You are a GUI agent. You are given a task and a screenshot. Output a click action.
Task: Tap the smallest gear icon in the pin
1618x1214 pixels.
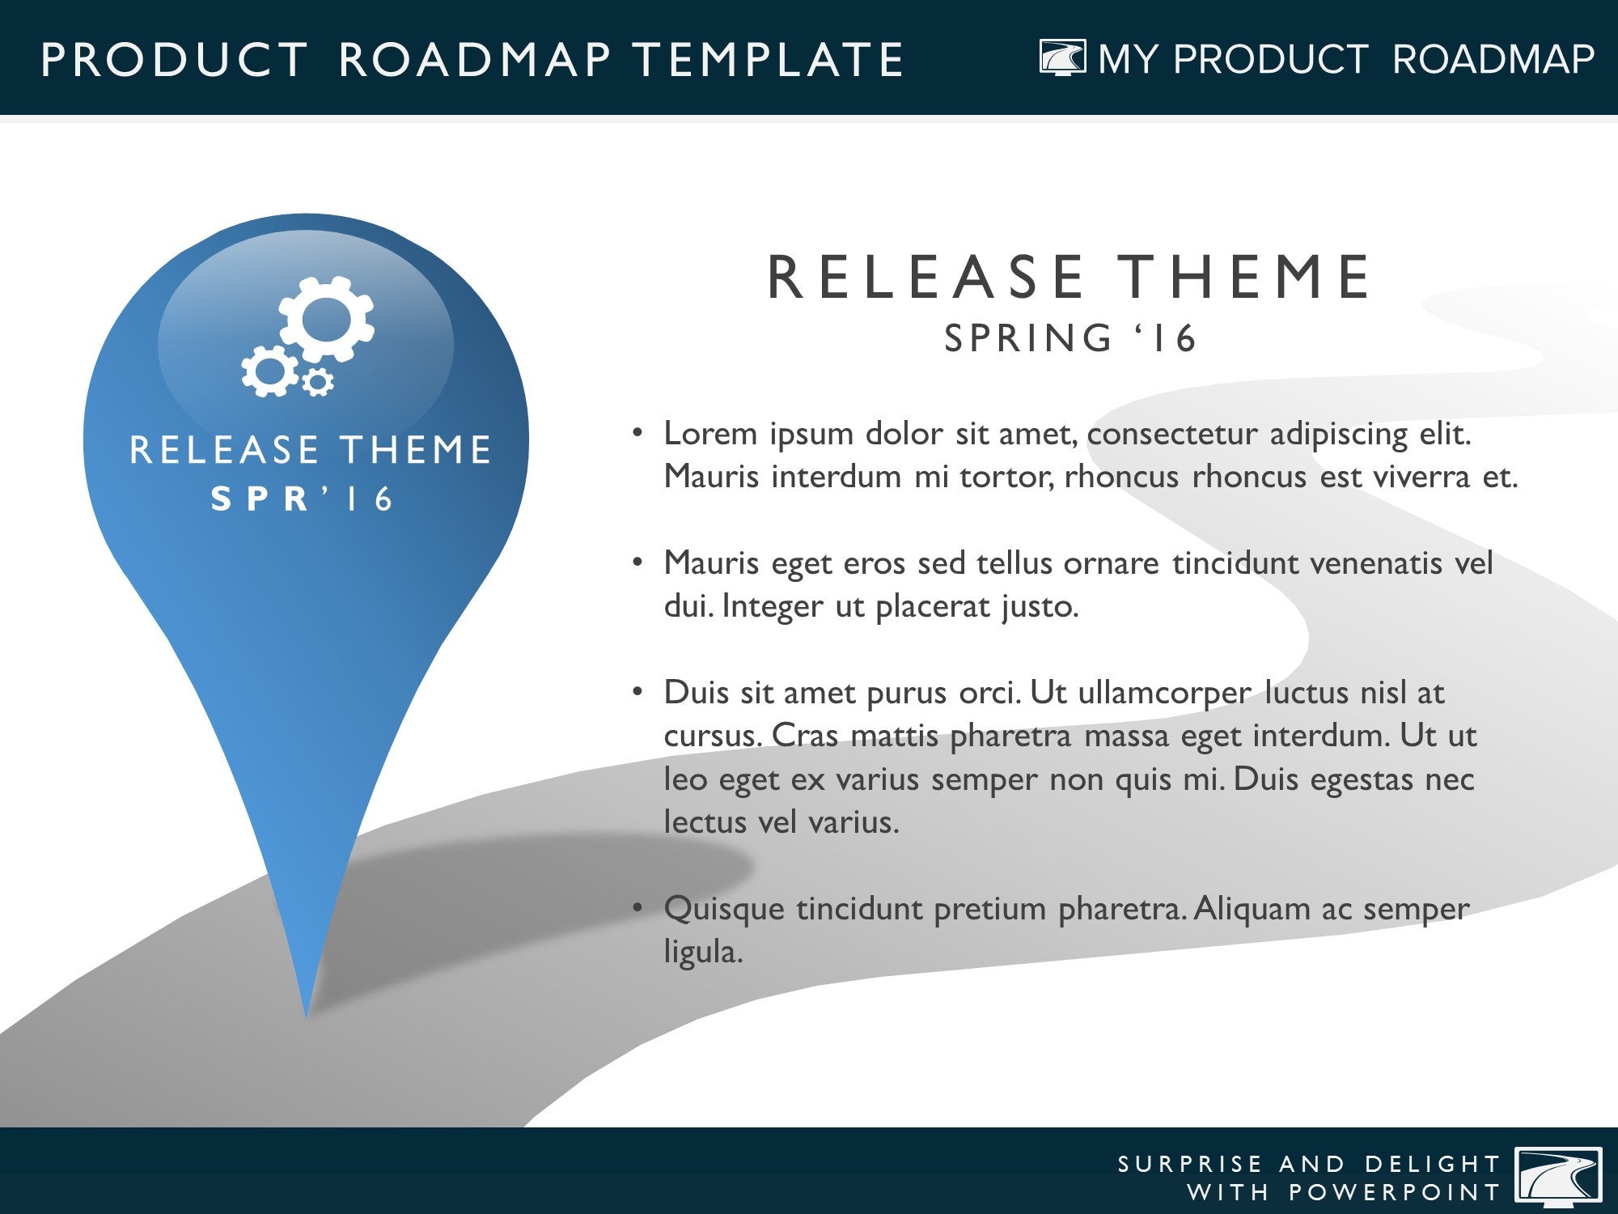318,381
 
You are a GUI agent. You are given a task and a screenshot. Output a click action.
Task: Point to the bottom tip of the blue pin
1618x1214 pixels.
306,1017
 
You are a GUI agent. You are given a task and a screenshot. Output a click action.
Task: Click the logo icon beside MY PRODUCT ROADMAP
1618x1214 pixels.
1062,58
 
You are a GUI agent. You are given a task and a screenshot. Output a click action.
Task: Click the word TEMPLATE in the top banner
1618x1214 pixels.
768,59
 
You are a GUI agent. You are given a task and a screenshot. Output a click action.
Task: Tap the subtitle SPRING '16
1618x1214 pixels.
1069,337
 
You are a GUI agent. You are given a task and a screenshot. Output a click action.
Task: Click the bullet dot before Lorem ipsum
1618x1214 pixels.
637,433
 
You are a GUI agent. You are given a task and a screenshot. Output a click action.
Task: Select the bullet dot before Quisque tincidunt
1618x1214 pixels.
637,908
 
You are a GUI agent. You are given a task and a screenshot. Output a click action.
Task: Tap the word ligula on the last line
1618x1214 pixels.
703,952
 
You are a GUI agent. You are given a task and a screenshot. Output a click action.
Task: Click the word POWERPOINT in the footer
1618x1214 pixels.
1395,1192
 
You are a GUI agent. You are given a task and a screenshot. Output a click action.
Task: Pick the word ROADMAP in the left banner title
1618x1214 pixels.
475,59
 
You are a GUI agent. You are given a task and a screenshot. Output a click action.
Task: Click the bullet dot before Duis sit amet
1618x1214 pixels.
637,692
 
